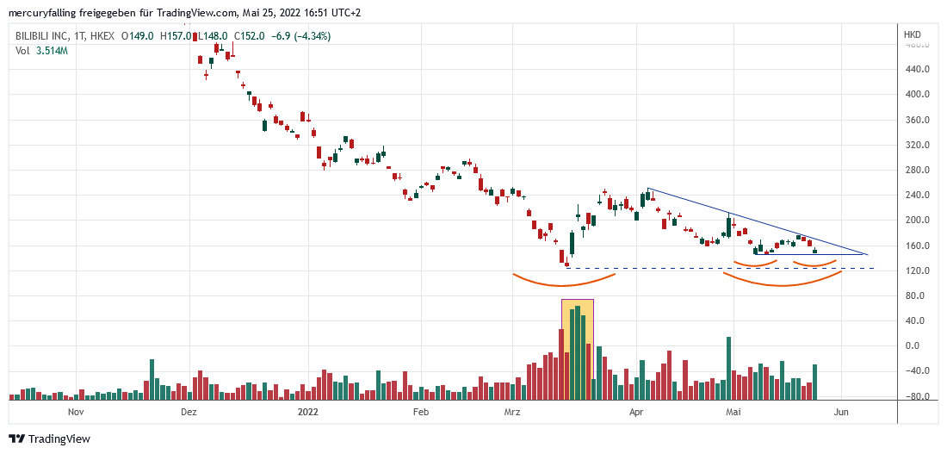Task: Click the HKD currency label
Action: click(x=912, y=34)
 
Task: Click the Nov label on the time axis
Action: click(x=76, y=413)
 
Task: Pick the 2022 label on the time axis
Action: click(x=307, y=413)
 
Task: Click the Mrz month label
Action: click(x=512, y=413)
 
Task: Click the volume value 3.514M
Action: click(x=52, y=51)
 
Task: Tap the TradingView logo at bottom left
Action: click(x=49, y=438)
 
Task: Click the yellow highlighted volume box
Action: click(x=577, y=349)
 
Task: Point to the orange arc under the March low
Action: click(x=564, y=283)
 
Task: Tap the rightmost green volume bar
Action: click(x=814, y=382)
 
